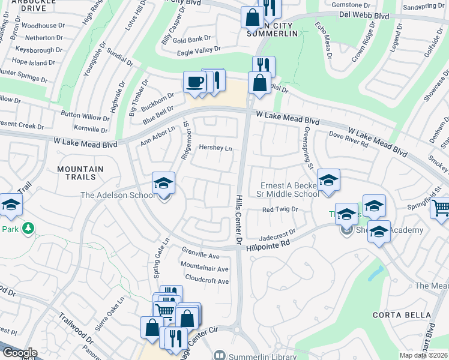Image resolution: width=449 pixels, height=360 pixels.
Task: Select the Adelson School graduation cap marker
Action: [x=163, y=183]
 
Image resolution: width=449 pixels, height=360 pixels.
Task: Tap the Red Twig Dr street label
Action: [x=280, y=209]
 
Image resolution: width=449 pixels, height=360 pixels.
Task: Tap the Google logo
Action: [x=19, y=353]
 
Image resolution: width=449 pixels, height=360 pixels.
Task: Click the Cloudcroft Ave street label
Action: [x=206, y=281]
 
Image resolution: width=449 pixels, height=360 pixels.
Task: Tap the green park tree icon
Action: [x=27, y=228]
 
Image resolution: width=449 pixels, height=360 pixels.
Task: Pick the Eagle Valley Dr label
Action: [x=199, y=52]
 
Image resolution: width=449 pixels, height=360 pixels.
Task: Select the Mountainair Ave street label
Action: [x=205, y=269]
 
